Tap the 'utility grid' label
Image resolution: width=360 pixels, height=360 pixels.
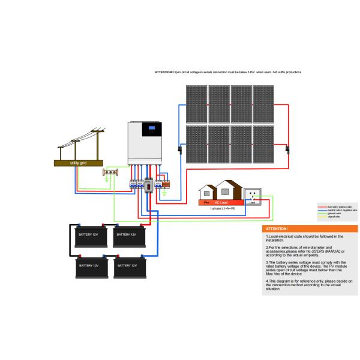79,162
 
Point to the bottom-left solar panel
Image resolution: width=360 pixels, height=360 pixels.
196,143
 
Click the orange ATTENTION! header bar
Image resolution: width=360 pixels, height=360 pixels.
310,229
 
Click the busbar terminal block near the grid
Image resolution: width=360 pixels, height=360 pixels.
110,173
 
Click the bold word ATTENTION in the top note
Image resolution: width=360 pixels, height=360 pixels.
163,71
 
